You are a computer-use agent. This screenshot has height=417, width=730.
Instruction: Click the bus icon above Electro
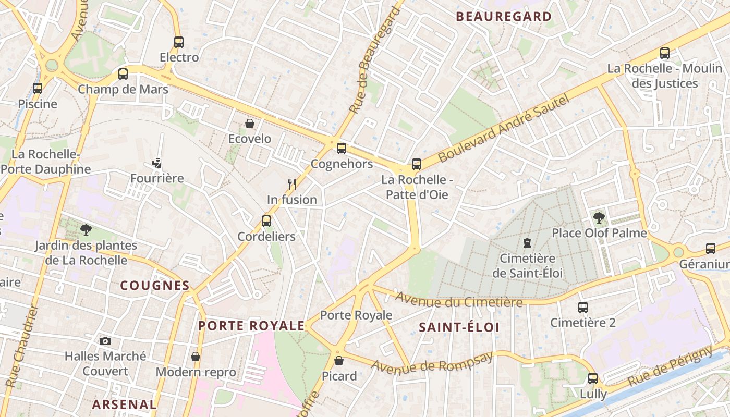179,42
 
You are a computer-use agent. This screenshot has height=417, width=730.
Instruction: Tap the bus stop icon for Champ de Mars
123,74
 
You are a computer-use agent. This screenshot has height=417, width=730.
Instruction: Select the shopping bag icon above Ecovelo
250,124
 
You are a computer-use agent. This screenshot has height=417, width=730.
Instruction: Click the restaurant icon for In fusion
292,184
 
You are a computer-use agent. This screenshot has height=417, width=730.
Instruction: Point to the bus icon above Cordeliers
266,221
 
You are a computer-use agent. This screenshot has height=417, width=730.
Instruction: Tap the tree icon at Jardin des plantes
86,230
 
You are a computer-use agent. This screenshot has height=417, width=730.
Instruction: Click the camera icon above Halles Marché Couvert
105,341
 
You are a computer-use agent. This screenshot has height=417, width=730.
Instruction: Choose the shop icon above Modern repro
196,357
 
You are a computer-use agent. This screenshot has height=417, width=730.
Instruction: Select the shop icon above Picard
339,360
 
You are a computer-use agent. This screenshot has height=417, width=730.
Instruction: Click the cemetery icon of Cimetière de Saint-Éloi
527,243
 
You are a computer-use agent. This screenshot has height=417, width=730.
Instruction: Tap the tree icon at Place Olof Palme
599,218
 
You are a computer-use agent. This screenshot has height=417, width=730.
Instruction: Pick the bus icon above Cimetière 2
583,308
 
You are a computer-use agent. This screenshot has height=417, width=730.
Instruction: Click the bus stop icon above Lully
593,378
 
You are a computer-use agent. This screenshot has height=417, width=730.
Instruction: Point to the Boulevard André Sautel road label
503,129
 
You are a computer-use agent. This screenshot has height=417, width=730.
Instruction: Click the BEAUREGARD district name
504,17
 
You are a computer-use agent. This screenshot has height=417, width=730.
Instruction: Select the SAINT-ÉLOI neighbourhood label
459,327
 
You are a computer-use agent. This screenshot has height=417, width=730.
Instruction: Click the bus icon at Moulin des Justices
665,53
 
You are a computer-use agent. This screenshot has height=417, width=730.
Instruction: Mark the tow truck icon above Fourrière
156,163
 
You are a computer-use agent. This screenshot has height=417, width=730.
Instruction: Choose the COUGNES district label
155,285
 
